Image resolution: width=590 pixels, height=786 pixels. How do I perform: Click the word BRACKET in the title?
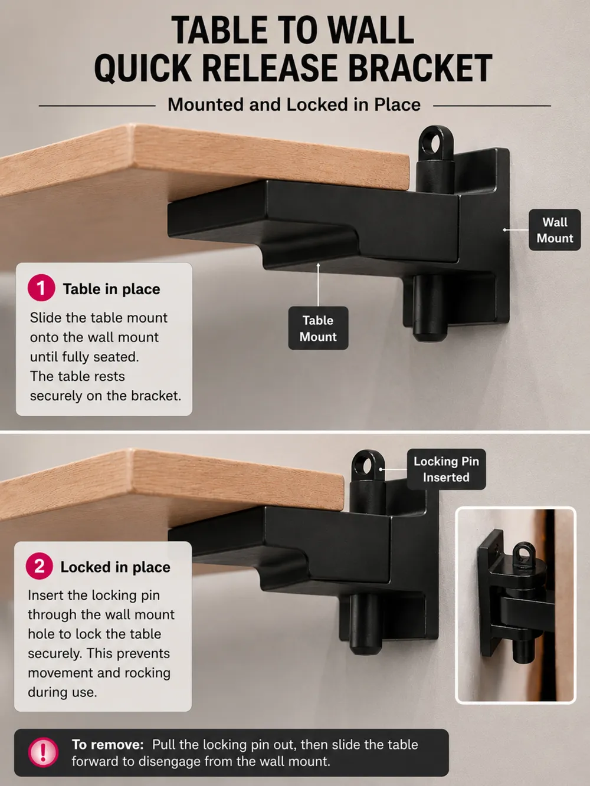point(420,68)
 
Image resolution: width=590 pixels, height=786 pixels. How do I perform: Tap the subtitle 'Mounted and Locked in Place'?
point(294,105)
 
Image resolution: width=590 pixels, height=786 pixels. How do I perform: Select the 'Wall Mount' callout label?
point(555,230)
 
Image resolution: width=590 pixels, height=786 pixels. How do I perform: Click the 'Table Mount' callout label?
point(318,328)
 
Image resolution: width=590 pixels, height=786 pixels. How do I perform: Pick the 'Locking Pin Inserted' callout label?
point(446,469)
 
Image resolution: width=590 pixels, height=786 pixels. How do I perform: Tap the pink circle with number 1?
point(41,288)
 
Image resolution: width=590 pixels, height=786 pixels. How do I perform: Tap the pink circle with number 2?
point(40,566)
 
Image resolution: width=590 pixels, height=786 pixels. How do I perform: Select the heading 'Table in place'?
point(112,289)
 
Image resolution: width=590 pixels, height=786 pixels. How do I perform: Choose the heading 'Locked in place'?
point(116,567)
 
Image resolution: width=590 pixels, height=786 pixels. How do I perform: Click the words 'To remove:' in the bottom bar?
point(107,745)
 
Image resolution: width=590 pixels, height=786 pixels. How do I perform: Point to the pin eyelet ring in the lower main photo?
point(368,467)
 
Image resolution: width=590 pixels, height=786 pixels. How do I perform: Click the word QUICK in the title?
point(143,68)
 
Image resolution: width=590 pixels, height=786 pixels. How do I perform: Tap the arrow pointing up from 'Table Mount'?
point(318,285)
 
